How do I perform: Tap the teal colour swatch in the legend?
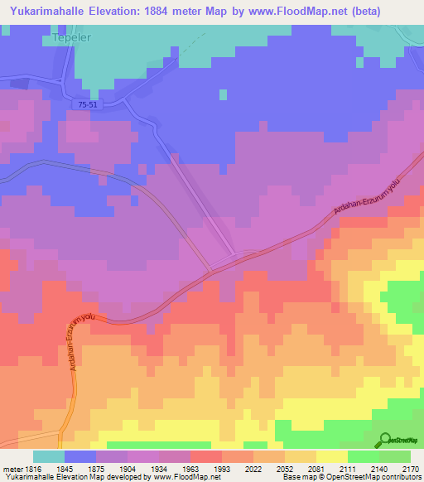pyautogui.click(x=48, y=456)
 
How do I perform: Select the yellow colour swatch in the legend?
pyautogui.click(x=331, y=456)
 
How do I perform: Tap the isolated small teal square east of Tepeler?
pyautogui.click(x=223, y=94)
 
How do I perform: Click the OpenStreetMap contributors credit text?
pyautogui.click(x=380, y=477)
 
